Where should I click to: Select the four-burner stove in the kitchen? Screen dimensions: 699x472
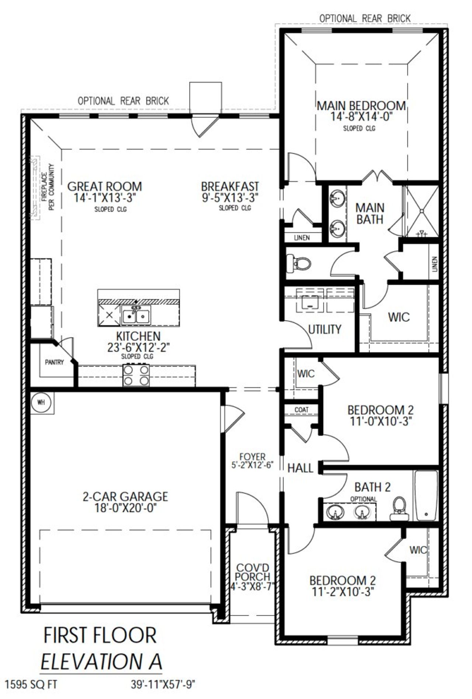(x=136, y=375)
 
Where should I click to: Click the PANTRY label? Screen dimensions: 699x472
(x=54, y=362)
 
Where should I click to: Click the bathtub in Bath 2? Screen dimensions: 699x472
(x=426, y=495)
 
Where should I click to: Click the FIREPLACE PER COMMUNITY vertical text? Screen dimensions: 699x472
(x=48, y=187)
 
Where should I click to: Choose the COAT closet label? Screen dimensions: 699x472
(x=301, y=409)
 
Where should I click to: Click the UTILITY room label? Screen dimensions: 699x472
(x=324, y=329)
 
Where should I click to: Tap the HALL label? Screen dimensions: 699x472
(x=300, y=468)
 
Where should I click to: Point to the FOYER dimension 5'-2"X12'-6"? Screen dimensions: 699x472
(x=252, y=465)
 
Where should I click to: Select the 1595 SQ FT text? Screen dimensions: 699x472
(x=31, y=684)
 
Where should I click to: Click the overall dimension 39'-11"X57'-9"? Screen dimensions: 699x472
(x=163, y=684)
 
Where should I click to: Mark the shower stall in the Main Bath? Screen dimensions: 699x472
(x=423, y=211)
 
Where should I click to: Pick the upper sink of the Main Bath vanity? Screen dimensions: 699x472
(x=336, y=200)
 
